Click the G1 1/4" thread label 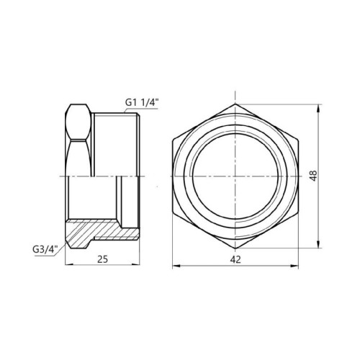[142, 102]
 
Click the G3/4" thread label [45, 249]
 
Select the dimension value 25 [102, 259]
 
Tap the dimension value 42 [235, 259]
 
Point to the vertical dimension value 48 [314, 176]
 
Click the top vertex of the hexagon [235, 104]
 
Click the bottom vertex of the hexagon [235, 248]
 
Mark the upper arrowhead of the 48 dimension [318, 107]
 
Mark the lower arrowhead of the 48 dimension [318, 245]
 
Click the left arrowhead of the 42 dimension [176, 266]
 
